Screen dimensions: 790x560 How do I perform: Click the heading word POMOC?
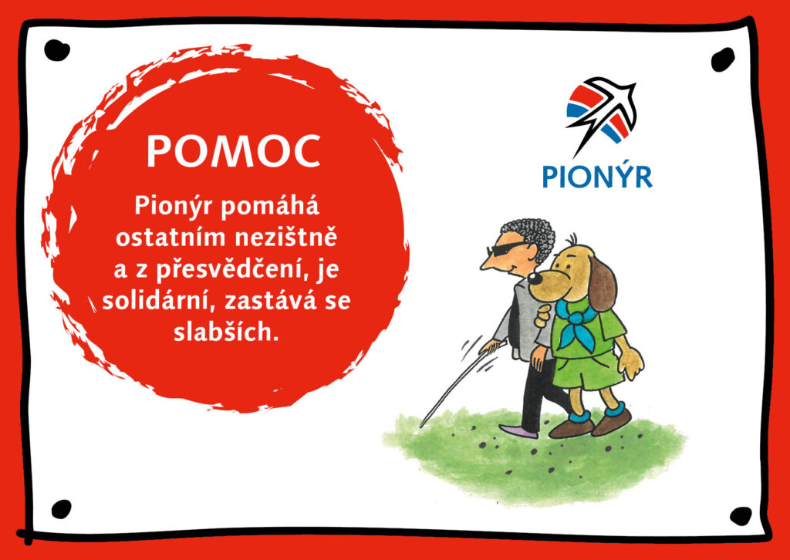(233, 152)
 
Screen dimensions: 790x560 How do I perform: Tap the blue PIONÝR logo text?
(597, 177)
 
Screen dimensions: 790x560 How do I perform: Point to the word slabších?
(226, 332)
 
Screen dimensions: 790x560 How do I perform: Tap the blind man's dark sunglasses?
(507, 249)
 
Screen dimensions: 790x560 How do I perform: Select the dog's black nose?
(535, 278)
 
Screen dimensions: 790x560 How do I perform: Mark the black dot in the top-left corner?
(56, 50)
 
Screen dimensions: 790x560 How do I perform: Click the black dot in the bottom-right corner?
(741, 516)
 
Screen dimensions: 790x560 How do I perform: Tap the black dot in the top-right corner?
(723, 59)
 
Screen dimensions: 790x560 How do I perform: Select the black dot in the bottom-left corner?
(62, 509)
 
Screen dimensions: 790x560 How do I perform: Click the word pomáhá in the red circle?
(269, 207)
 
